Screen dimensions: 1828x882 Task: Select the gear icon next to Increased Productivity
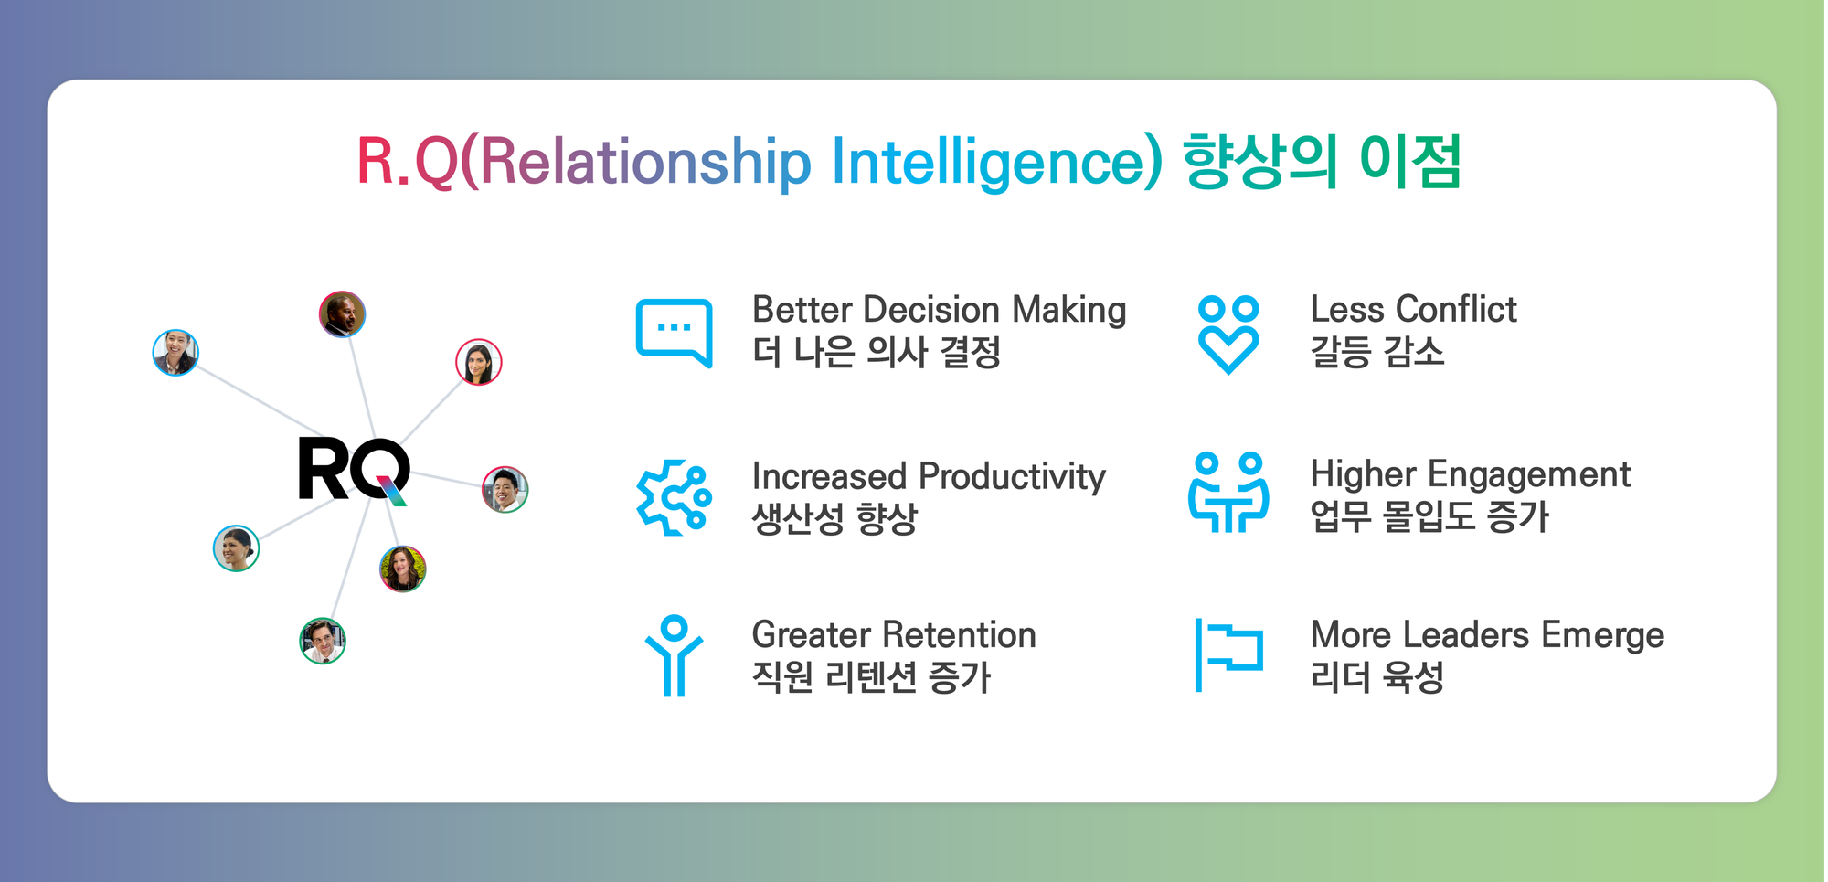[674, 497]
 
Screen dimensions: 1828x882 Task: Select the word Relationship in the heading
[645, 162]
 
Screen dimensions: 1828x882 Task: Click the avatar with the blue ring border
[175, 353]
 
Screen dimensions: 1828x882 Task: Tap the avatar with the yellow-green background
[402, 569]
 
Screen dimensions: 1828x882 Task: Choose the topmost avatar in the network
[342, 314]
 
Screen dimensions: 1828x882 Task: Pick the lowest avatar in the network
[323, 641]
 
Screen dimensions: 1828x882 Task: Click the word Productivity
[1012, 477]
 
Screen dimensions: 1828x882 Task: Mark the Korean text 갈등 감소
[1377, 352]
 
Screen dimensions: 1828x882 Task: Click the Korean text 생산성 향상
[834, 519]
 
